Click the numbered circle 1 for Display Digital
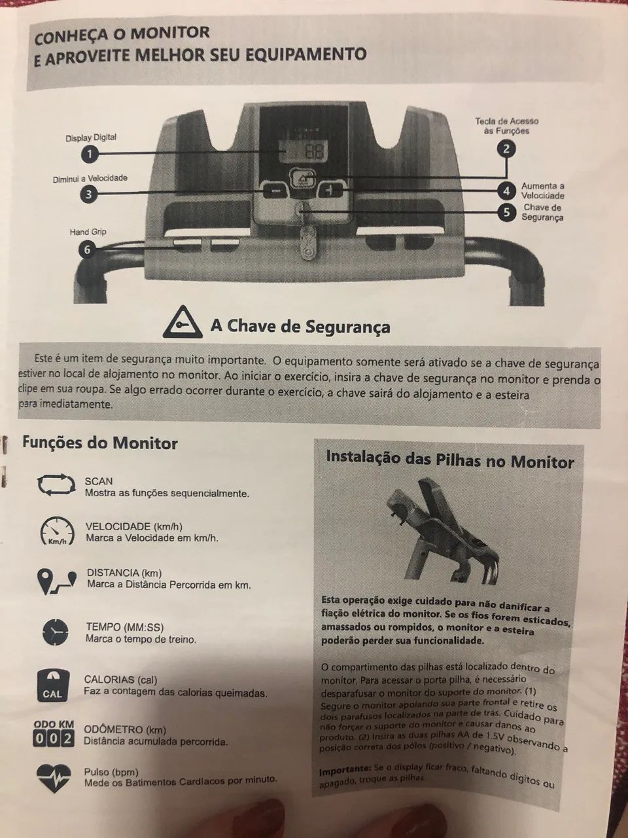[90, 155]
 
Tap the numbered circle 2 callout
[506, 149]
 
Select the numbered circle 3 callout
[88, 194]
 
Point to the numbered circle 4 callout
[506, 191]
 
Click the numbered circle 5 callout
[506, 212]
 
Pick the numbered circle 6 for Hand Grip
[87, 250]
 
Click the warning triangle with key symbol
[183, 323]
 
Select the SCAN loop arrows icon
[56, 485]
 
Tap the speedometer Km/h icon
[57, 531]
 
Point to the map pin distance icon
[57, 581]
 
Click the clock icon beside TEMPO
[56, 632]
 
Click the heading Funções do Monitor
[100, 443]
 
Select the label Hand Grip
[88, 232]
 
